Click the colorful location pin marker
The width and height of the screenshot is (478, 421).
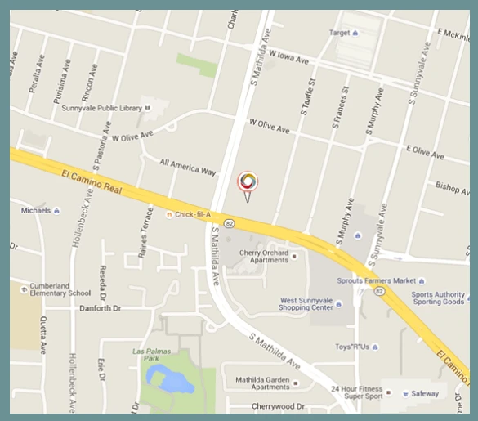click(247, 182)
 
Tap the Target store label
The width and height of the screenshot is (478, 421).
click(339, 33)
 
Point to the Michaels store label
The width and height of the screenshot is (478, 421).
click(36, 210)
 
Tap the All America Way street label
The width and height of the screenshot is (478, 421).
click(188, 167)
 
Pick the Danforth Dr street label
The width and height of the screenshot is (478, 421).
click(101, 309)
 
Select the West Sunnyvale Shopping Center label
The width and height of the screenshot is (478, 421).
click(306, 305)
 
